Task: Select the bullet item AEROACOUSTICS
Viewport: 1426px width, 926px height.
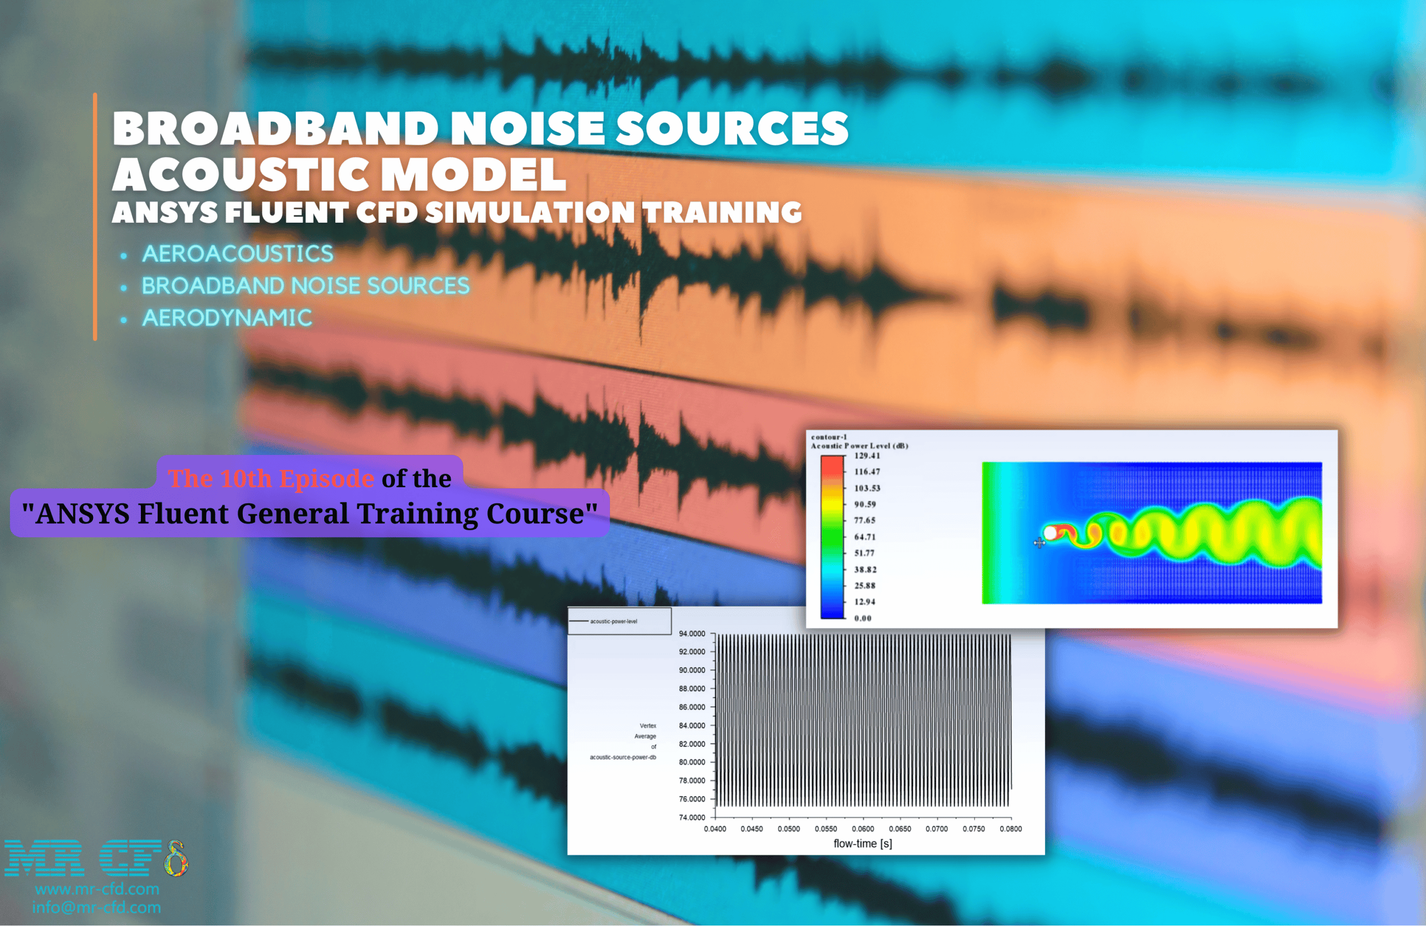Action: point(237,253)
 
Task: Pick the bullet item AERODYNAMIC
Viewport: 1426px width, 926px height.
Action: point(227,317)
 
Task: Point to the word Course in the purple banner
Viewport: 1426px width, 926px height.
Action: point(536,513)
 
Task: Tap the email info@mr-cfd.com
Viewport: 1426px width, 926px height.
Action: point(96,907)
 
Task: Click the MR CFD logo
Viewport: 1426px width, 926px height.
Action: point(96,858)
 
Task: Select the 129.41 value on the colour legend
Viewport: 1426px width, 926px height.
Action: point(867,456)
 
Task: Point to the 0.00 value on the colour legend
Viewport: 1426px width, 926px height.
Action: point(863,618)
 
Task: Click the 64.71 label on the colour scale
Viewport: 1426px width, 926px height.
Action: point(865,537)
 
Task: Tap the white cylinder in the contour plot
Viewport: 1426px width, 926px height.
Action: point(1050,532)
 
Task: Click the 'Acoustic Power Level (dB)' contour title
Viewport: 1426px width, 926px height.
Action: point(859,445)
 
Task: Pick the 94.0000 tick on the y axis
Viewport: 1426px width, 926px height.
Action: point(692,634)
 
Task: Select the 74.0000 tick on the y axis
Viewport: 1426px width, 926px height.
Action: point(692,817)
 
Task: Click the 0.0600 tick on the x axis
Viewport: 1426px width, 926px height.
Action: point(863,829)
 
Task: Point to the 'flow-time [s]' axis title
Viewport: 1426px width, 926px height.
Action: point(863,844)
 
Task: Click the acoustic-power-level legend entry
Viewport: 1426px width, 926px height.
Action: point(613,621)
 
